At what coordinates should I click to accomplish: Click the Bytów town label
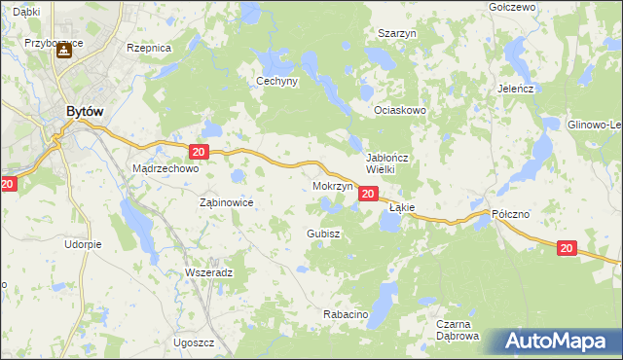coord(85,112)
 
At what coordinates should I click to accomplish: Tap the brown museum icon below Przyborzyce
coord(63,52)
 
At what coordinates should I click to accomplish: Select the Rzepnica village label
coord(149,47)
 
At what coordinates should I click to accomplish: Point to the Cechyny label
coord(276,82)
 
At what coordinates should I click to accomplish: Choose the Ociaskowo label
coord(401,111)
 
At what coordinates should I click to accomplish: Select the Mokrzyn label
coord(333,185)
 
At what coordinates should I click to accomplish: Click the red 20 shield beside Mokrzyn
coord(367,195)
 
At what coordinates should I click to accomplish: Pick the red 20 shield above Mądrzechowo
coord(199,152)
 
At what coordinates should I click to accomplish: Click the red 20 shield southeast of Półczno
coord(567,248)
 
